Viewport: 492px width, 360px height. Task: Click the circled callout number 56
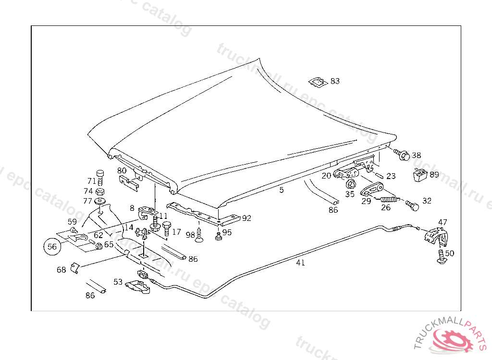[x=52, y=247]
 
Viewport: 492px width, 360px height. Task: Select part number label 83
[x=335, y=81]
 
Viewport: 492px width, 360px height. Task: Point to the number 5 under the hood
[x=282, y=190]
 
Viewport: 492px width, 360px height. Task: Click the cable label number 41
[x=300, y=263]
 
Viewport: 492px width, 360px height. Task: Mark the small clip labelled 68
[x=74, y=267]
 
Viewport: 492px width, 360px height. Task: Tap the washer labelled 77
[x=100, y=201]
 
